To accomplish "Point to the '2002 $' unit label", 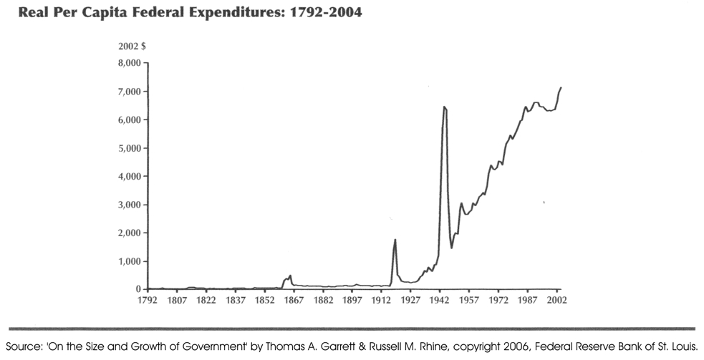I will pos(132,46).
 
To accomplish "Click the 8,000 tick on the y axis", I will pos(130,64).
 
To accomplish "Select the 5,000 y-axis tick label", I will pos(130,148).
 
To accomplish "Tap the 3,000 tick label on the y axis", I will pos(130,205).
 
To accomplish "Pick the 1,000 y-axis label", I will pos(130,261).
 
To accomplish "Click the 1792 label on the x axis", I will pos(148,301).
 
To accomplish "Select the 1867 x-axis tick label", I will pos(293,301).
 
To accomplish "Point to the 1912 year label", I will pos(381,301).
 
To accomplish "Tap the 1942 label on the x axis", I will pos(440,301).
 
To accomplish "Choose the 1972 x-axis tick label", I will pos(498,301).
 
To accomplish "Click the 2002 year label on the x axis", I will pos(557,301).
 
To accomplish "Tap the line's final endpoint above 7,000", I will pos(561,87).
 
